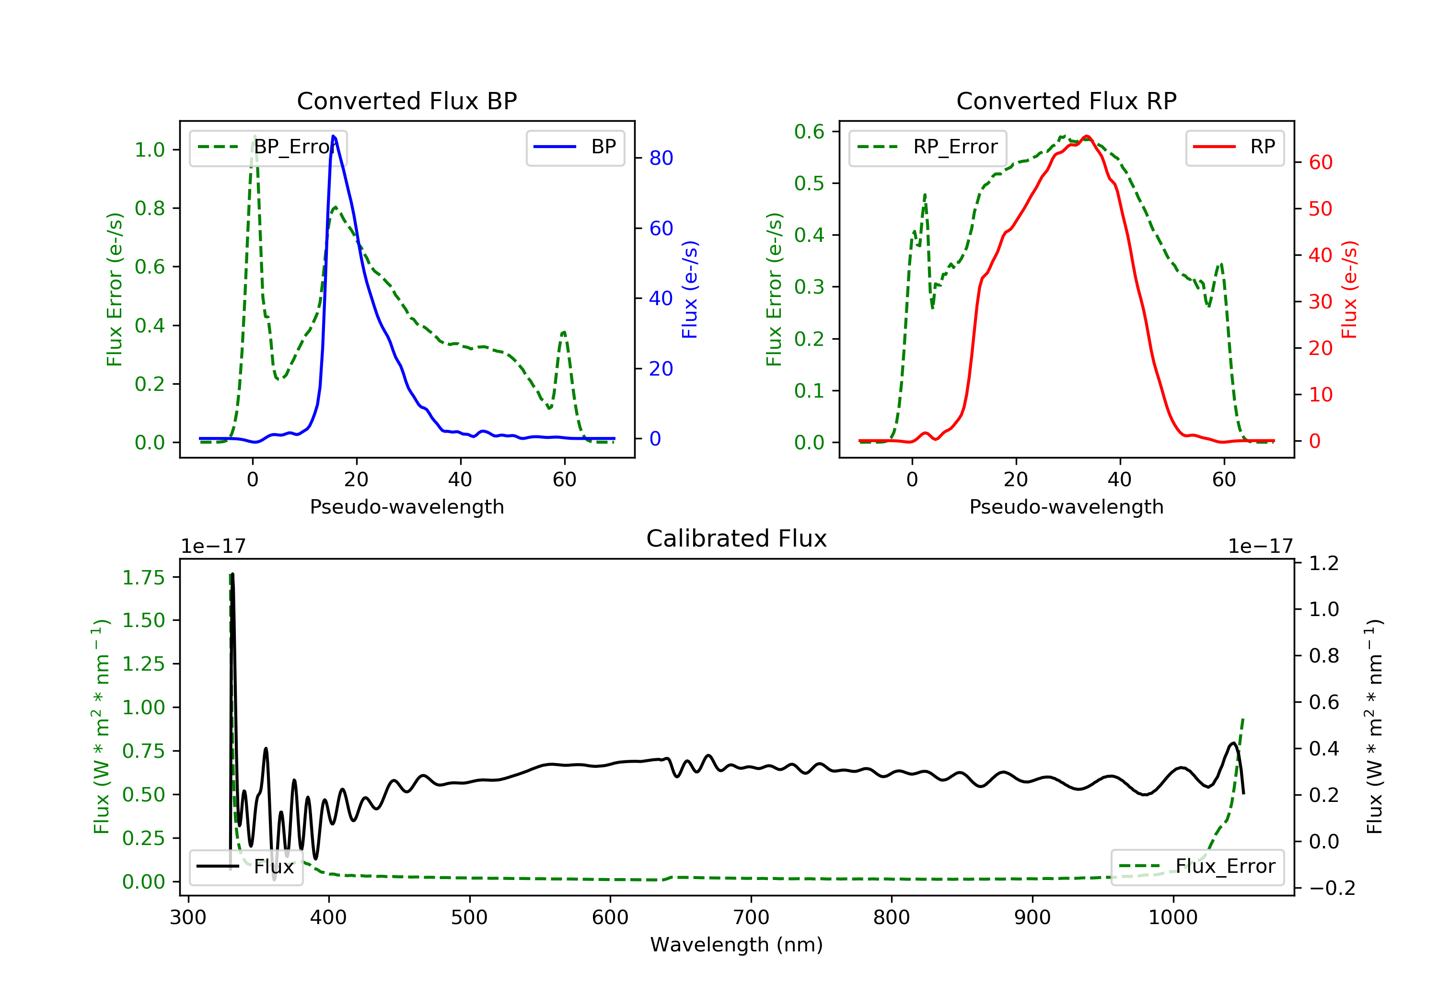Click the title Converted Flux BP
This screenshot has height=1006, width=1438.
(406, 101)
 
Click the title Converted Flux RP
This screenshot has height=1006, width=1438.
(1066, 101)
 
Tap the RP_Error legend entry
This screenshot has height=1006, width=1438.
(927, 147)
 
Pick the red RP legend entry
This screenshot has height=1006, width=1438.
(1234, 147)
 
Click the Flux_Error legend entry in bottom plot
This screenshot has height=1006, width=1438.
(1197, 867)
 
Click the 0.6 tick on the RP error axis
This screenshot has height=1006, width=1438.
(809, 131)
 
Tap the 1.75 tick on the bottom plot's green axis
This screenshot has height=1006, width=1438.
(143, 577)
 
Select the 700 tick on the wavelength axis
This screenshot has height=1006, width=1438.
(751, 918)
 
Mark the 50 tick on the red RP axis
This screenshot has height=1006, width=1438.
(1320, 208)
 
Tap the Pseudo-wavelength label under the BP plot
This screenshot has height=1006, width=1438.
(406, 506)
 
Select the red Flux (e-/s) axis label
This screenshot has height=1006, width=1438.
(1348, 289)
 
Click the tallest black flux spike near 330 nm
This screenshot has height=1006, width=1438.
(233, 575)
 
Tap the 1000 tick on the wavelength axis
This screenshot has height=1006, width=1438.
(1172, 918)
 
